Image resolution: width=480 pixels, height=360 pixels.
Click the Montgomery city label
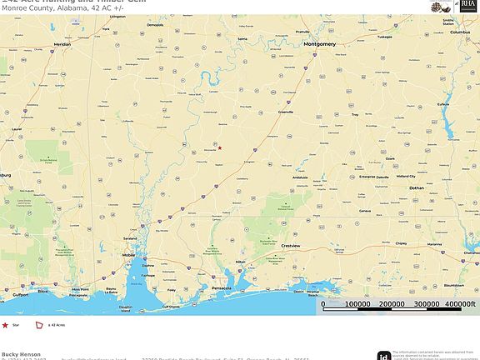point(319,43)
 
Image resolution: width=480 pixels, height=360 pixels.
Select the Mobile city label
point(128,255)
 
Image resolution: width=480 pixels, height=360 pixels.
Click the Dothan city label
point(417,188)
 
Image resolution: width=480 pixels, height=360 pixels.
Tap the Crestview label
point(290,246)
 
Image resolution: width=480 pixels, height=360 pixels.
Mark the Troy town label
point(353,114)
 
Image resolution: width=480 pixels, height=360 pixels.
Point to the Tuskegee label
point(384,37)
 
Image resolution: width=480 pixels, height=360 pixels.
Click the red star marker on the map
point(220,147)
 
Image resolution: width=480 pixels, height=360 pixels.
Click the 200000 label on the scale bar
point(392,303)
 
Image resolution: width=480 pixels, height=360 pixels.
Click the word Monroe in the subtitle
point(15,7)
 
